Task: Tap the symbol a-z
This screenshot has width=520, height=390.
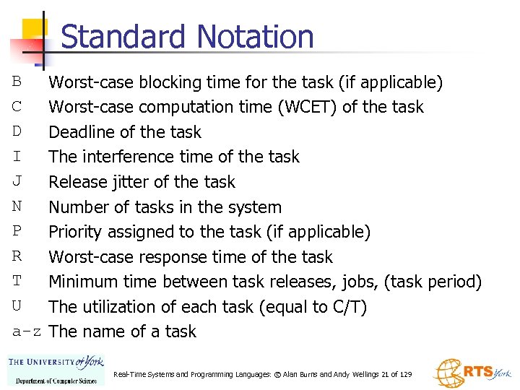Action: (x=27, y=332)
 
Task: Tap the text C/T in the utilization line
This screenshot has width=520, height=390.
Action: (x=346, y=307)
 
